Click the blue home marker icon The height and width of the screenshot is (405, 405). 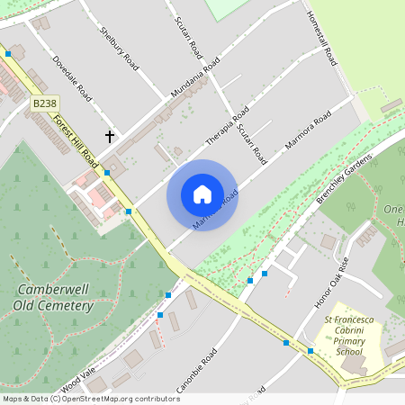click(202, 193)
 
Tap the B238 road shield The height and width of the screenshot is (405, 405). click(43, 104)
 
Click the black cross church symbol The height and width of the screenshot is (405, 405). click(110, 137)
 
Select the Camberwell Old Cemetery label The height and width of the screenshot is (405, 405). click(53, 298)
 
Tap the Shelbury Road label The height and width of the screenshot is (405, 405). click(119, 49)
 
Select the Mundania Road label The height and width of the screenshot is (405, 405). click(194, 79)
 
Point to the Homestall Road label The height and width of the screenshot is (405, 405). click(321, 39)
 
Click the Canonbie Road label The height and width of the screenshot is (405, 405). click(195, 368)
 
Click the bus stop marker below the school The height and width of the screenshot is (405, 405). click(310, 351)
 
